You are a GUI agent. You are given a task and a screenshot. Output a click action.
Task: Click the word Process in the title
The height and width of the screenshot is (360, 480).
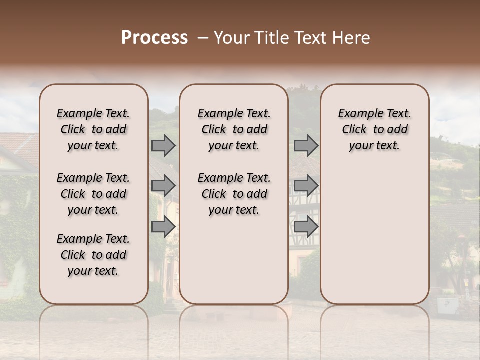click(x=154, y=38)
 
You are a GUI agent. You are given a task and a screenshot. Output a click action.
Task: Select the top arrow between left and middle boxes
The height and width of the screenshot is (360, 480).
click(x=163, y=146)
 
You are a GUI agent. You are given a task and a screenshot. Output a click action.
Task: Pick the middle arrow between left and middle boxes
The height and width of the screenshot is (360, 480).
click(x=163, y=186)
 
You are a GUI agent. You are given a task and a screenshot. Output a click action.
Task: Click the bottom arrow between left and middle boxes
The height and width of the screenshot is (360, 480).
click(x=163, y=226)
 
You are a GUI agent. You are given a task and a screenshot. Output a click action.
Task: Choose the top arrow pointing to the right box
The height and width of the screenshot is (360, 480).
click(x=306, y=146)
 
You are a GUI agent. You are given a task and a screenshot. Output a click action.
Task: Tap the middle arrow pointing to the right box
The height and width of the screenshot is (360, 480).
click(x=306, y=186)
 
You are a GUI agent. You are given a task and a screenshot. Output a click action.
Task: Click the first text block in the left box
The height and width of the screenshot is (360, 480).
click(x=93, y=129)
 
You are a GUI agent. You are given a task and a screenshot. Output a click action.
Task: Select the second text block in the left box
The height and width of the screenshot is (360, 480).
click(x=93, y=194)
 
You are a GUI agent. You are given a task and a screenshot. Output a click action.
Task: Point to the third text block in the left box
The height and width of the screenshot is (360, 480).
click(x=93, y=255)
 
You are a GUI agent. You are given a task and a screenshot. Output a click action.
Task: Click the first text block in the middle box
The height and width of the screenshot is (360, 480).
click(x=234, y=129)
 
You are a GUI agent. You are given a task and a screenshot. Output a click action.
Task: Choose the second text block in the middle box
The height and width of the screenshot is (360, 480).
click(x=234, y=194)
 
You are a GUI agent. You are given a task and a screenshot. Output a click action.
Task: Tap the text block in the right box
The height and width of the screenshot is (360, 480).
click(x=374, y=129)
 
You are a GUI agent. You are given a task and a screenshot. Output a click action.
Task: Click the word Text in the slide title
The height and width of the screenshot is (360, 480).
click(x=304, y=38)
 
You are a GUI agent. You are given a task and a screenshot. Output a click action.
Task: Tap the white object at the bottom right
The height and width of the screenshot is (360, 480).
click(x=447, y=305)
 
